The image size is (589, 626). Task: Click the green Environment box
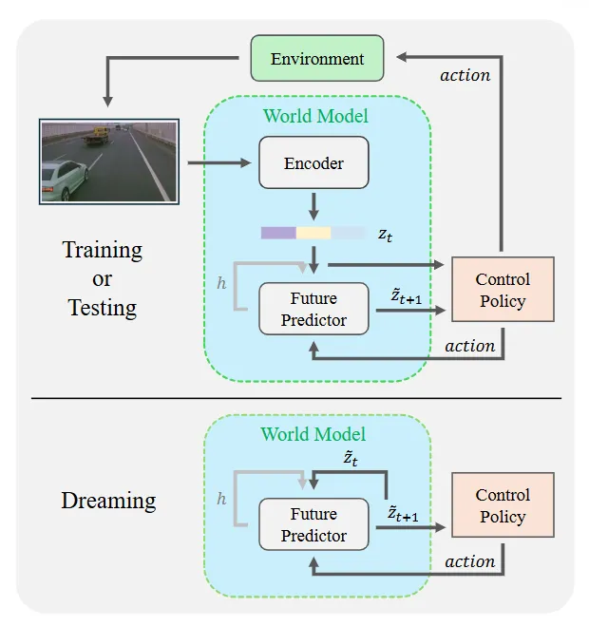click(317, 58)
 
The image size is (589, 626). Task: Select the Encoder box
click(313, 162)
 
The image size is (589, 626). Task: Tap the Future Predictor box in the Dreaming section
click(313, 524)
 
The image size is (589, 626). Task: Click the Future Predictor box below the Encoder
click(313, 309)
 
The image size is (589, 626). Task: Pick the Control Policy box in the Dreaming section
click(503, 505)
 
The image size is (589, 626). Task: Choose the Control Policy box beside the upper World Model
click(503, 290)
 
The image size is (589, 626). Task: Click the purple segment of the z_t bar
click(278, 233)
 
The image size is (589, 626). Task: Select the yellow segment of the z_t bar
click(313, 233)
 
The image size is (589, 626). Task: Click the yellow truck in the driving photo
click(96, 136)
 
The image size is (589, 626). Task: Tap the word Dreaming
click(108, 501)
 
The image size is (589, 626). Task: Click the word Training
click(103, 251)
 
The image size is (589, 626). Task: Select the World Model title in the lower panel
click(313, 434)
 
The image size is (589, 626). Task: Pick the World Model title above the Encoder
click(315, 116)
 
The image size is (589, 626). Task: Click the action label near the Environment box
click(465, 75)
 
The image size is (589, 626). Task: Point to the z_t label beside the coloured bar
click(385, 235)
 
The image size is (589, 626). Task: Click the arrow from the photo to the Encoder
click(219, 162)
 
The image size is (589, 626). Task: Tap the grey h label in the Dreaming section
click(221, 499)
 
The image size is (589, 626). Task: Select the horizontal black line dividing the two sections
click(296, 398)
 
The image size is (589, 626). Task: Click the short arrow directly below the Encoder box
click(313, 206)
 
